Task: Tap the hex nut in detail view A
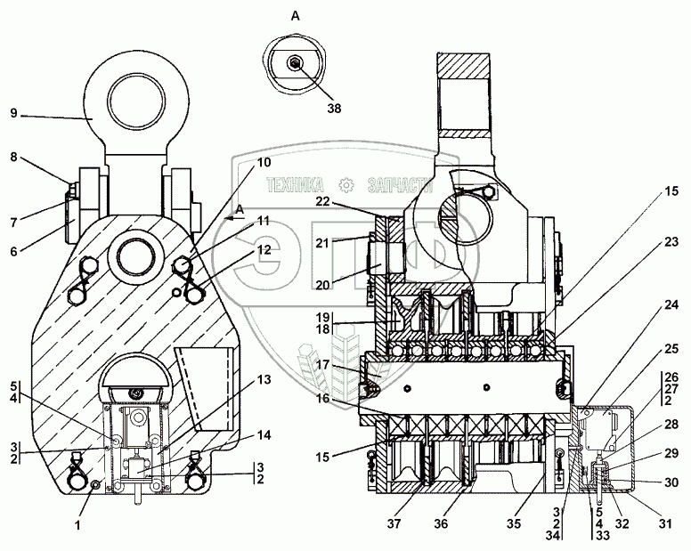pos(295,61)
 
